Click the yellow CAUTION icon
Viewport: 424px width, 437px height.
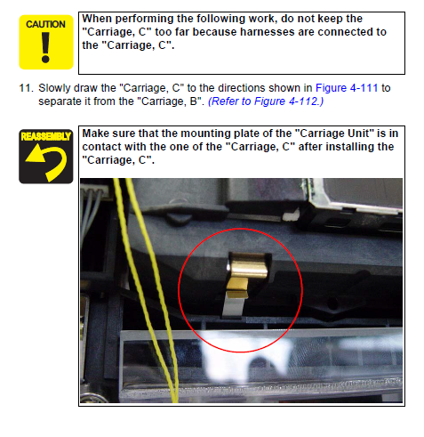(x=46, y=42)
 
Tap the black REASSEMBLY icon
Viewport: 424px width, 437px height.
(x=46, y=157)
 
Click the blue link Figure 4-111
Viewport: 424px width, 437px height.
(x=347, y=88)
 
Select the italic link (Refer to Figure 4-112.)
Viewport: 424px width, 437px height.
(x=266, y=101)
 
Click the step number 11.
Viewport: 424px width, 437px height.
(x=26, y=88)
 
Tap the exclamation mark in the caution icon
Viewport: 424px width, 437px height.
(x=45, y=47)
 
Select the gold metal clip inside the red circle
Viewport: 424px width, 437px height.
(x=247, y=271)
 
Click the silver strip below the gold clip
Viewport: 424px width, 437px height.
(x=234, y=306)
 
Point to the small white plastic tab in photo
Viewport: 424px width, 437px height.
(x=291, y=214)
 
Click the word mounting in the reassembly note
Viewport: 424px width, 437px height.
(x=205, y=134)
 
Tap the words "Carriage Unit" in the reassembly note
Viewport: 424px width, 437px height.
(x=334, y=134)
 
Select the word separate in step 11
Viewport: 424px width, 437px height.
(x=60, y=101)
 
